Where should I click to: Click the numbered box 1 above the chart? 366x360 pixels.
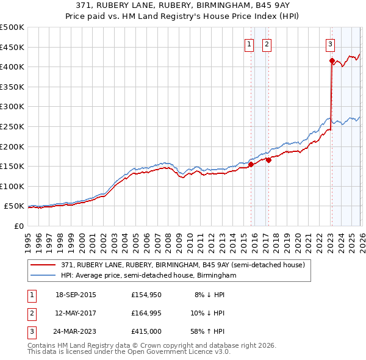(250, 43)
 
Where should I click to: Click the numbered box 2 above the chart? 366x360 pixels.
(267, 43)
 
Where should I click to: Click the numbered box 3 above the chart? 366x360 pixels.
(330, 43)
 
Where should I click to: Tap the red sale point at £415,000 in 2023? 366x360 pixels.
(332, 60)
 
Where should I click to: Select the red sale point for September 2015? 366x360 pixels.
(251, 164)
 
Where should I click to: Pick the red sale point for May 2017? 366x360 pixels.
(268, 160)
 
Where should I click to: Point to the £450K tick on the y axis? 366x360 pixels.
(12, 47)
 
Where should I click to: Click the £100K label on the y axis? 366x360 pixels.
(12, 186)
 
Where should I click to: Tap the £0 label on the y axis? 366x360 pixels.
(18, 226)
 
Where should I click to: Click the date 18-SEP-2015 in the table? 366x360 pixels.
(76, 295)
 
